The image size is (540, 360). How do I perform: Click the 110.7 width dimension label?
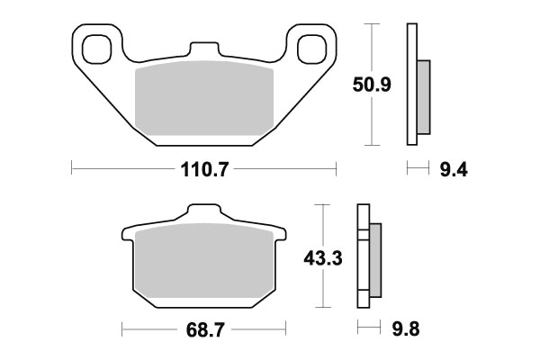coord(203,168)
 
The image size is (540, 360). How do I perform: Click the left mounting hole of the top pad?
coord(96,46)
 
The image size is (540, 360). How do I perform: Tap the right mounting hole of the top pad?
coord(311,46)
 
